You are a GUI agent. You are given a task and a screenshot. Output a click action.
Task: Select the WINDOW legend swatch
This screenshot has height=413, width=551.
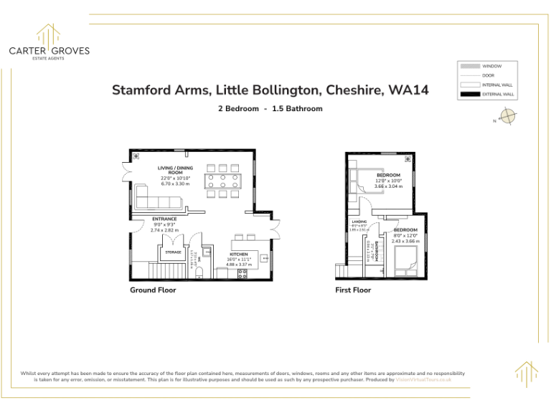469,65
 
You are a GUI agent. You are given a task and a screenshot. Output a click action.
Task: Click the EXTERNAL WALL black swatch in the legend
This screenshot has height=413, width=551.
469,94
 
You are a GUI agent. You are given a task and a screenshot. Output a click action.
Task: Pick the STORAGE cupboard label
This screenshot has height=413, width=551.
173,252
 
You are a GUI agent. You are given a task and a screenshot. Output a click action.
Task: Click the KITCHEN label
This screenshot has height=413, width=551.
239,254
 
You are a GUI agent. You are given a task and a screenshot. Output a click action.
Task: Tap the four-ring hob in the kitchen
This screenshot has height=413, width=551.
242,273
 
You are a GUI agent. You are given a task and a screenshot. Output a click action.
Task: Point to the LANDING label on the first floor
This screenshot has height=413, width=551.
359,222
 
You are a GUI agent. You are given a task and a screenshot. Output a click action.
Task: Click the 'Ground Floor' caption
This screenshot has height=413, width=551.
153,290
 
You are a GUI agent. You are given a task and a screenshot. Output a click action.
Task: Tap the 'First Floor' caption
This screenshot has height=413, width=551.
353,290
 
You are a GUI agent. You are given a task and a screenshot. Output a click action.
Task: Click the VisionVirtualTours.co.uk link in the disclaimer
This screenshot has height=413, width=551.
423,379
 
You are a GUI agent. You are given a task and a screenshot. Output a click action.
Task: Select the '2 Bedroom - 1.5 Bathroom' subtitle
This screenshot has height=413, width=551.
270,109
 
